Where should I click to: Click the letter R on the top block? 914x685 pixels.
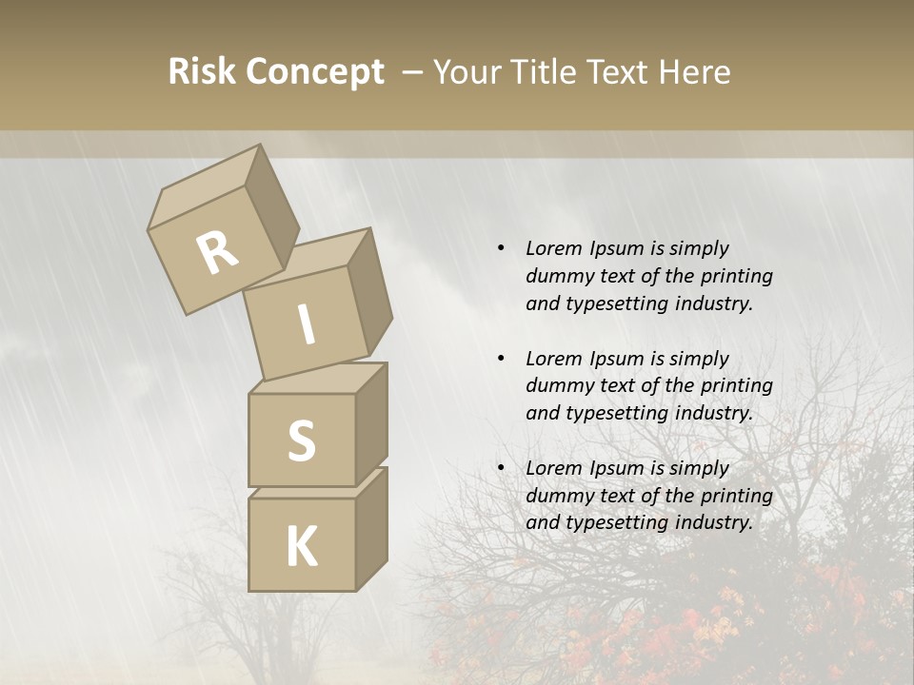pos(218,252)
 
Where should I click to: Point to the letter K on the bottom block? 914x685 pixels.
pos(301,547)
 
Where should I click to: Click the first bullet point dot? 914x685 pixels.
pos(501,249)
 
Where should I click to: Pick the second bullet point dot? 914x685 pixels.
pos(501,359)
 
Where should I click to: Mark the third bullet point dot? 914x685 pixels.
pos(501,468)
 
